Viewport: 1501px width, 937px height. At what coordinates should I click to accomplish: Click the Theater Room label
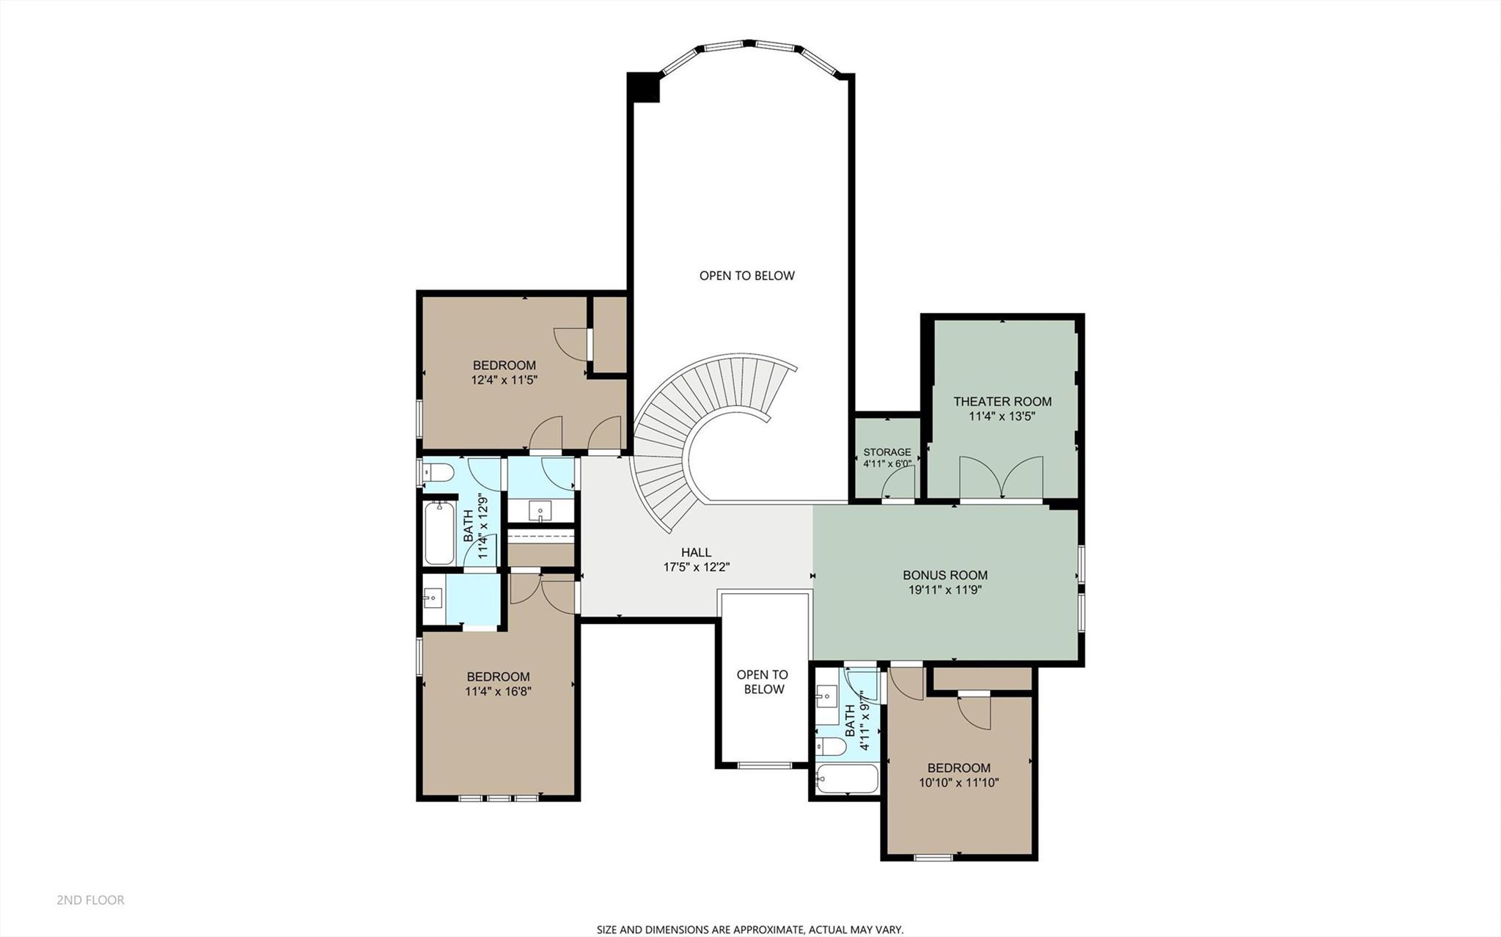click(1002, 402)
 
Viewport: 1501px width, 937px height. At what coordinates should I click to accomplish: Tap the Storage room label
click(887, 452)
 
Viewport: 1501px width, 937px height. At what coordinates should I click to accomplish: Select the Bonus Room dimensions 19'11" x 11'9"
click(944, 589)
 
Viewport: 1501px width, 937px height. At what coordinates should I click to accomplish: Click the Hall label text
click(696, 553)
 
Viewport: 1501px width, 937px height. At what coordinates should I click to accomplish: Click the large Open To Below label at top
click(746, 276)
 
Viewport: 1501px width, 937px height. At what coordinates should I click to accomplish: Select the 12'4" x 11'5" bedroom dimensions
click(504, 381)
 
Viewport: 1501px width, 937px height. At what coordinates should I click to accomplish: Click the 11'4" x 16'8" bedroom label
click(498, 684)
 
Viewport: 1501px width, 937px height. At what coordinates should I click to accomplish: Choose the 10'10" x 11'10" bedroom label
click(958, 776)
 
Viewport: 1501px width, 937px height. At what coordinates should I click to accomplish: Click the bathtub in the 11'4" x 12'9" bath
click(439, 532)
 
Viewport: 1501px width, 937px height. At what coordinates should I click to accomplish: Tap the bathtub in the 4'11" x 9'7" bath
click(847, 779)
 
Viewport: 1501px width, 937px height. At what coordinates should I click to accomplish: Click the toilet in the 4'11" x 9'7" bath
click(831, 746)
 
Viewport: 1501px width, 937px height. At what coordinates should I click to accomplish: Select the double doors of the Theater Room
click(1001, 478)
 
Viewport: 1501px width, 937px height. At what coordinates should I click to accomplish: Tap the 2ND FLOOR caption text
click(91, 900)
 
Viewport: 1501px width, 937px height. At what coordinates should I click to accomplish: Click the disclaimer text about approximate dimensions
click(749, 930)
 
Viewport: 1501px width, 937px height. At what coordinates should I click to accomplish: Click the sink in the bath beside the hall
click(540, 511)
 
